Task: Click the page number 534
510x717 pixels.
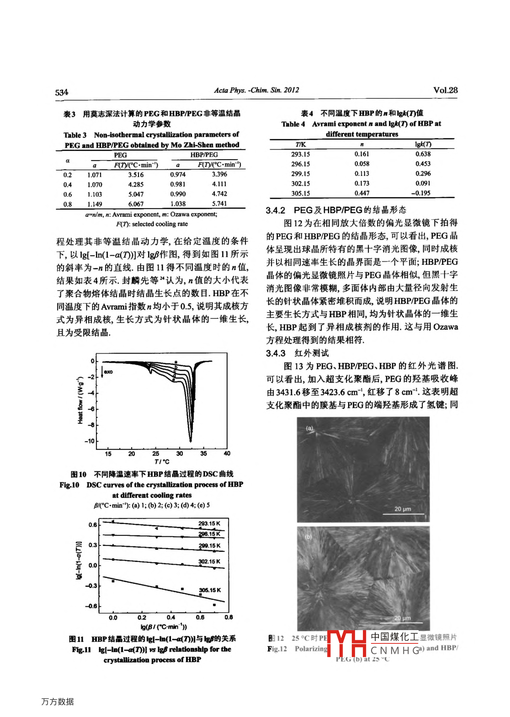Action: tap(62, 92)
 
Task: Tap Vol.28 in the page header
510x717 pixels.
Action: tap(445, 91)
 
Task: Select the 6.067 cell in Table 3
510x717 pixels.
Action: tap(136, 204)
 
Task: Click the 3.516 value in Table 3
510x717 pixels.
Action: tap(136, 175)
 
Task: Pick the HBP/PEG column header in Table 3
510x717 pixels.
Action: tap(204, 155)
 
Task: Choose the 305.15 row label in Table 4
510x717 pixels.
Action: tap(300, 193)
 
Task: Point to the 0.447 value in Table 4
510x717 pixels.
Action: tap(361, 193)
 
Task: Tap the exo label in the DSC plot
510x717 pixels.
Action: tap(108, 372)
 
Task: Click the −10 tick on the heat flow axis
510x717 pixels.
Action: tap(89, 441)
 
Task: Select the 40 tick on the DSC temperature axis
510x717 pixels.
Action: tap(227, 454)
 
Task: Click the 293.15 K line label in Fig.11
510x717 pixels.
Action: tap(209, 524)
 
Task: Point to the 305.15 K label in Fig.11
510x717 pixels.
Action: tap(210, 590)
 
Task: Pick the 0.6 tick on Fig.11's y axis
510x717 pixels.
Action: tap(93, 525)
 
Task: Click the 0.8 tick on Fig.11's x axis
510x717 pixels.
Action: tap(228, 617)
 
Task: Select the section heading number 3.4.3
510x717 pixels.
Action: tap(276, 353)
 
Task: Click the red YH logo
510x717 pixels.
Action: tap(347, 643)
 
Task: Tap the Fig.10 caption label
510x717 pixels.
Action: tap(69, 485)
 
